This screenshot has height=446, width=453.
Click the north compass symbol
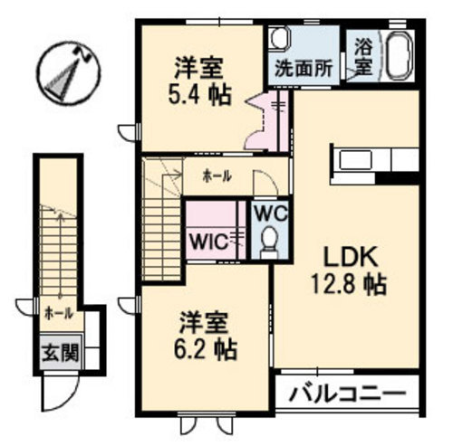point(70,72)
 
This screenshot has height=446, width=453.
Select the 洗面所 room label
point(304,68)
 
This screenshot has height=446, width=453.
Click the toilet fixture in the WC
point(269,242)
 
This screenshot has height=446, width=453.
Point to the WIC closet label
point(209,242)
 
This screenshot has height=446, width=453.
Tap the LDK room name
point(351,257)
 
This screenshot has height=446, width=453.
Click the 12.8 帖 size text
point(349,285)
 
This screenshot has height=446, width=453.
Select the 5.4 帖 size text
point(199,95)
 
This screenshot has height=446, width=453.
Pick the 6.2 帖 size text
point(205,349)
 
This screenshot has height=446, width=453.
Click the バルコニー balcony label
point(347,394)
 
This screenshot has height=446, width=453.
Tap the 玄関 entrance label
point(60,353)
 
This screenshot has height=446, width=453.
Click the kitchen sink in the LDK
point(355,160)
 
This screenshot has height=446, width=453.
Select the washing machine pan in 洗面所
point(279,37)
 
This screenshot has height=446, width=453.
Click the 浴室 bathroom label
point(363,57)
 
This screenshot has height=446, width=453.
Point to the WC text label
point(271,214)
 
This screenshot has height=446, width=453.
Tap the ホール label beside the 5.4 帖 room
point(217,176)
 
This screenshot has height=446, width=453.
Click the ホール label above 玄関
point(59,314)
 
